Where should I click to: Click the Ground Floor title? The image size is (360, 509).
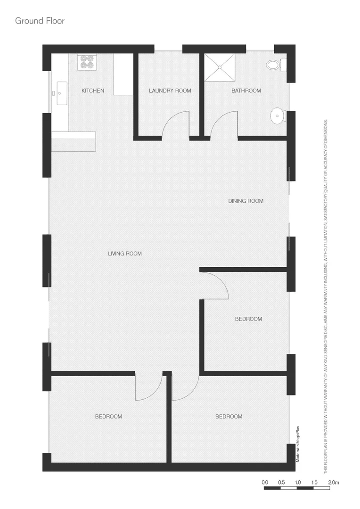(40, 21)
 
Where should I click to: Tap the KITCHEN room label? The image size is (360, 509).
(93, 90)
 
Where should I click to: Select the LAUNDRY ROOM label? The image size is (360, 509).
(170, 90)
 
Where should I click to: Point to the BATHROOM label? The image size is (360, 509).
(246, 90)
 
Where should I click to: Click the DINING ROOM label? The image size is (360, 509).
(245, 201)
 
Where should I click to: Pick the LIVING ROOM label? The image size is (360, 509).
(125, 254)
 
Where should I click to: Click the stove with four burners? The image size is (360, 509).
(87, 63)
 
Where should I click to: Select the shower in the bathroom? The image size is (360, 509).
(220, 67)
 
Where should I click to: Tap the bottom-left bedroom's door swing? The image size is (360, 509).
(148, 386)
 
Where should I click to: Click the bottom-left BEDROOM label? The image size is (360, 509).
(108, 417)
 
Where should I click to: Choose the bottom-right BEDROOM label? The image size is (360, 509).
(229, 417)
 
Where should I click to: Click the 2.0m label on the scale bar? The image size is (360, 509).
(334, 483)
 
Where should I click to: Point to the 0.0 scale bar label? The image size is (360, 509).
(265, 483)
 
